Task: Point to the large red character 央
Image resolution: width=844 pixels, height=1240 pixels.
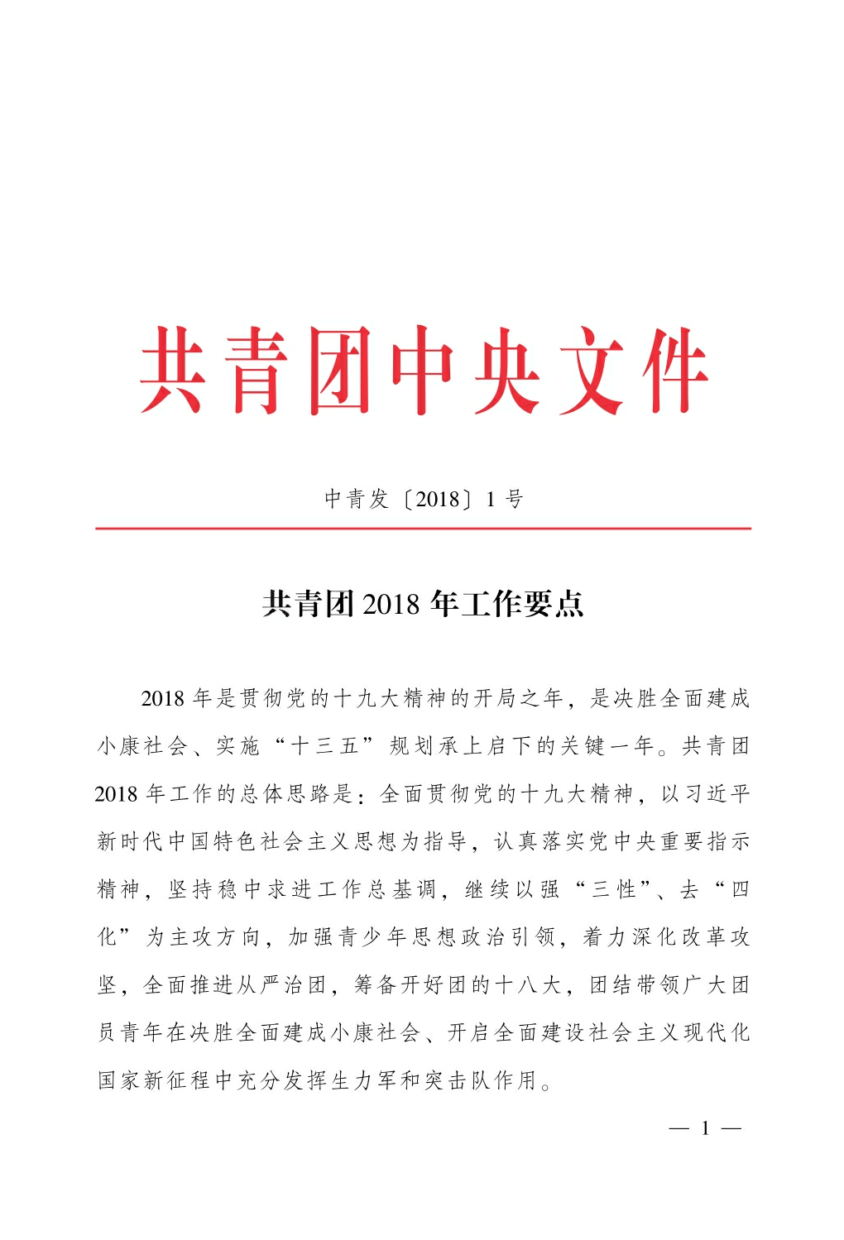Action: pos(507,371)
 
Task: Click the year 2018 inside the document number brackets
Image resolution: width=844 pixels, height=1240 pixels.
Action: pos(438,499)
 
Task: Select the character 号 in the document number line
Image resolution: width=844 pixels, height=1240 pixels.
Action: pos(514,499)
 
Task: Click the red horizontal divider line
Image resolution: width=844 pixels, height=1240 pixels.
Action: pos(423,528)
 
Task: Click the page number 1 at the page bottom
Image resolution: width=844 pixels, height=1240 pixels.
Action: pos(705,1128)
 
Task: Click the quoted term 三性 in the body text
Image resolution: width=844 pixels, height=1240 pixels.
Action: pos(615,889)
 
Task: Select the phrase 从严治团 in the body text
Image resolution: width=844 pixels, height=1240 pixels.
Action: pos(282,985)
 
